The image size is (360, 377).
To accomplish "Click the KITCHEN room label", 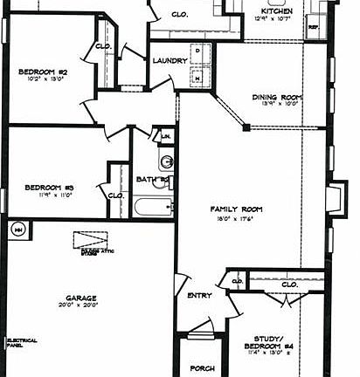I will point(276,11).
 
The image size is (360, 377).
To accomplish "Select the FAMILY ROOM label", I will point(236,210).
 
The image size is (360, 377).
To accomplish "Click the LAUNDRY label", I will point(168,61).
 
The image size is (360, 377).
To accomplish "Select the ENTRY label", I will point(199,296).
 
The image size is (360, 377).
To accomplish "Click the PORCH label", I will point(202,367).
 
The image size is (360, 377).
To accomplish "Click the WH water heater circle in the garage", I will point(18,230).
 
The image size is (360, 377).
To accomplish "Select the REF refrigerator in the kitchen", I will point(314,28).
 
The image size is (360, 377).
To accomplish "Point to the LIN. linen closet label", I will point(164,137).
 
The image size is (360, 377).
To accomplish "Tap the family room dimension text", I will point(236,219).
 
